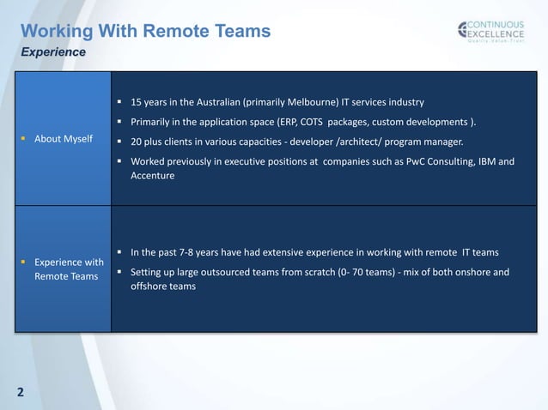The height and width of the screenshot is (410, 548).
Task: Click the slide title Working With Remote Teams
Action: (145, 32)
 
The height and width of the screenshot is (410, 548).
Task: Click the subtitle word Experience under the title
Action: (53, 52)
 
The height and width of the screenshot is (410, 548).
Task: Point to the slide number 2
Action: (20, 394)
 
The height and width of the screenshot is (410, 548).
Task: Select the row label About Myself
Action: (64, 139)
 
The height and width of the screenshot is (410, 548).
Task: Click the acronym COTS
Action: (309, 121)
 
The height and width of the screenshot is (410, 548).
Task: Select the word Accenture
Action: (152, 176)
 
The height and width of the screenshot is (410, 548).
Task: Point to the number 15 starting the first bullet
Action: (136, 102)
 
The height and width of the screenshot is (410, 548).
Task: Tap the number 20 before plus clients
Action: (137, 141)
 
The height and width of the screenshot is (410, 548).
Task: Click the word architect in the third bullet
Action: (340, 141)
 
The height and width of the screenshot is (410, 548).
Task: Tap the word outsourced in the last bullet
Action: (226, 273)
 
